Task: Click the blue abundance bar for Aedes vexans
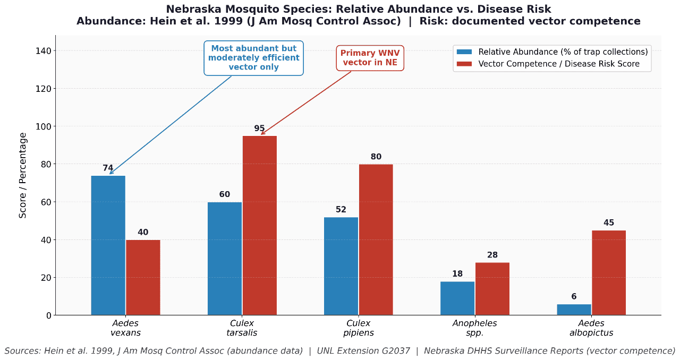[x=108, y=245]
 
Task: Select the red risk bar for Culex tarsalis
[x=260, y=226]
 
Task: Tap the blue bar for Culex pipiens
[x=341, y=266]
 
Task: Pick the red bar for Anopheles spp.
[x=492, y=289]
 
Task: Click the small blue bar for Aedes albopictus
[x=574, y=310]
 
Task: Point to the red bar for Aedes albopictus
[x=609, y=273]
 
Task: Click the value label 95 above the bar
[x=259, y=128]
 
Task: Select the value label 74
[x=108, y=168]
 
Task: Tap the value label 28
[x=492, y=255]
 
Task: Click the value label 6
[x=574, y=297]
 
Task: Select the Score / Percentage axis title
[x=23, y=175]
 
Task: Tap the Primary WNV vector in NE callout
[x=370, y=58]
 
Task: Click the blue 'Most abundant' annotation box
[x=253, y=58]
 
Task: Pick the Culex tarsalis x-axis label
[x=242, y=328]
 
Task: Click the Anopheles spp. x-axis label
[x=474, y=328]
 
